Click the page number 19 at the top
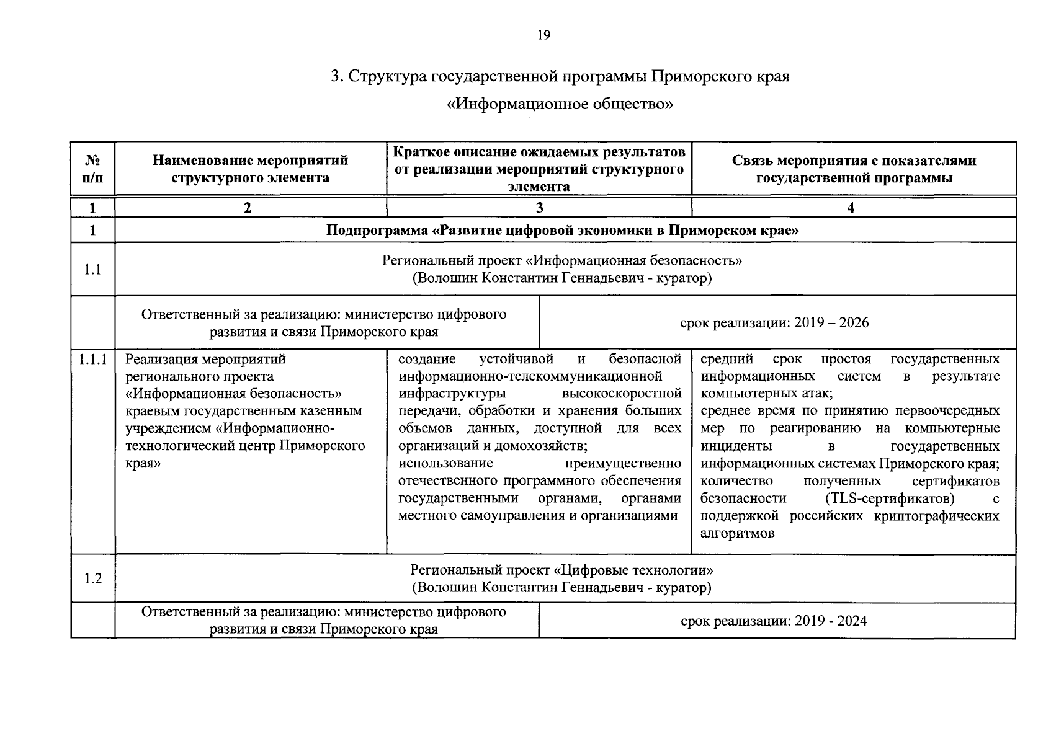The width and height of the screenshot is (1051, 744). (x=543, y=35)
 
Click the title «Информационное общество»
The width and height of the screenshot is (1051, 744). (x=560, y=104)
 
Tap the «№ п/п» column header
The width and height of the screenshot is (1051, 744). (x=92, y=169)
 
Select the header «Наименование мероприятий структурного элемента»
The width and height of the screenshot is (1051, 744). (x=250, y=169)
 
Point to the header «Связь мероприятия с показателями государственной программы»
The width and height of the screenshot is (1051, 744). (x=854, y=169)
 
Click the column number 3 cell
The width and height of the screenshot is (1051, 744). (x=539, y=208)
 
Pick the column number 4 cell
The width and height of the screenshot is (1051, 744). (x=851, y=208)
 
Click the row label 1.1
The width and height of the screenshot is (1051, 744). (x=92, y=269)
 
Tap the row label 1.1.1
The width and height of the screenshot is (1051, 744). (x=93, y=359)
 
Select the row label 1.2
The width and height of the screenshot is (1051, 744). (x=92, y=578)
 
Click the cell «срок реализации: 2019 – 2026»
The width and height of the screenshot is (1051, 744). (x=774, y=322)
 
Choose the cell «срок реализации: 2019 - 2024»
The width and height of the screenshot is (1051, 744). (x=774, y=621)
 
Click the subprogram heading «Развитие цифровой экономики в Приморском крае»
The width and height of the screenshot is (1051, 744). (x=562, y=231)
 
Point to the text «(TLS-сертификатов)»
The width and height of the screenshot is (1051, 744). (x=890, y=498)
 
